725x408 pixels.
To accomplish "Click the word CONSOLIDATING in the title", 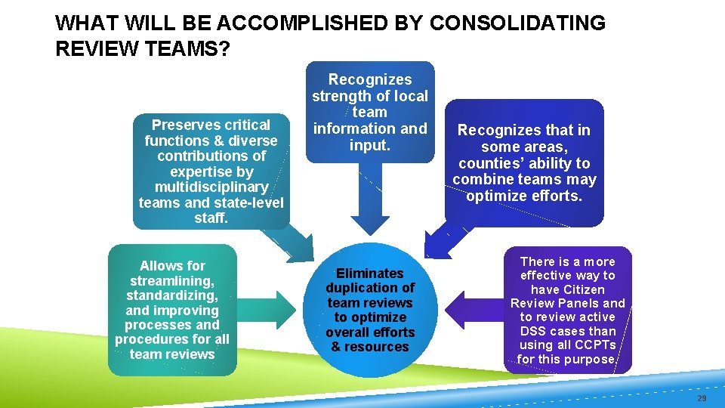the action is click(517, 23).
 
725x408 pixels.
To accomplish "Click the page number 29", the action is click(702, 397).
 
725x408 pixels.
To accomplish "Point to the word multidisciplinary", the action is click(211, 187).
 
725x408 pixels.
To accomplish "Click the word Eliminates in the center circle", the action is click(370, 274).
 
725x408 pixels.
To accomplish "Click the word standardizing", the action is click(172, 295).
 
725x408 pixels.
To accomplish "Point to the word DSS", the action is click(535, 331).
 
